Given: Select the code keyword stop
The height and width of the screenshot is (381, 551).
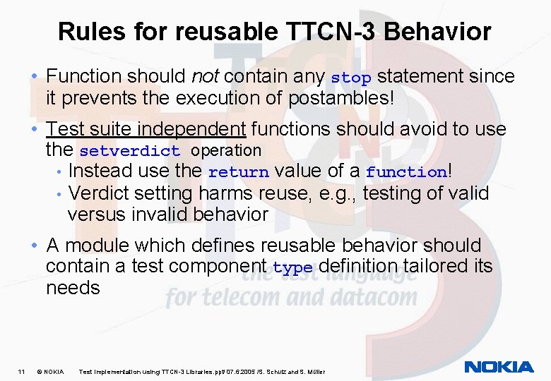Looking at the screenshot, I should [x=350, y=78].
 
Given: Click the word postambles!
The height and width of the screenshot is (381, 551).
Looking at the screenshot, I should [x=341, y=97].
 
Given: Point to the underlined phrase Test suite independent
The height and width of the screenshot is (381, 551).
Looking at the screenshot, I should [x=146, y=129].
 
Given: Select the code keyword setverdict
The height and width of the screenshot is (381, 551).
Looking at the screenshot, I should [x=130, y=151].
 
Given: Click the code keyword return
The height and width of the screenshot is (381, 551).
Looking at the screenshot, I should [x=239, y=172].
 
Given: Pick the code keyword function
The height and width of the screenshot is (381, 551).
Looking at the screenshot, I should [x=406, y=172].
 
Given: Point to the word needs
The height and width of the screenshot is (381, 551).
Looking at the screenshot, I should [x=73, y=288].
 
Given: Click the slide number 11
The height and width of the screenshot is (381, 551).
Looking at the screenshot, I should [x=22, y=371].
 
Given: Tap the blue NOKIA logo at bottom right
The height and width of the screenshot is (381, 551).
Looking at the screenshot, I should [x=499, y=367].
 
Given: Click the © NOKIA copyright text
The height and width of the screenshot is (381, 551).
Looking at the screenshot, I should [x=50, y=371].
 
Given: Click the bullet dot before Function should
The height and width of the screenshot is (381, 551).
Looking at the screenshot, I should [x=35, y=76].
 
